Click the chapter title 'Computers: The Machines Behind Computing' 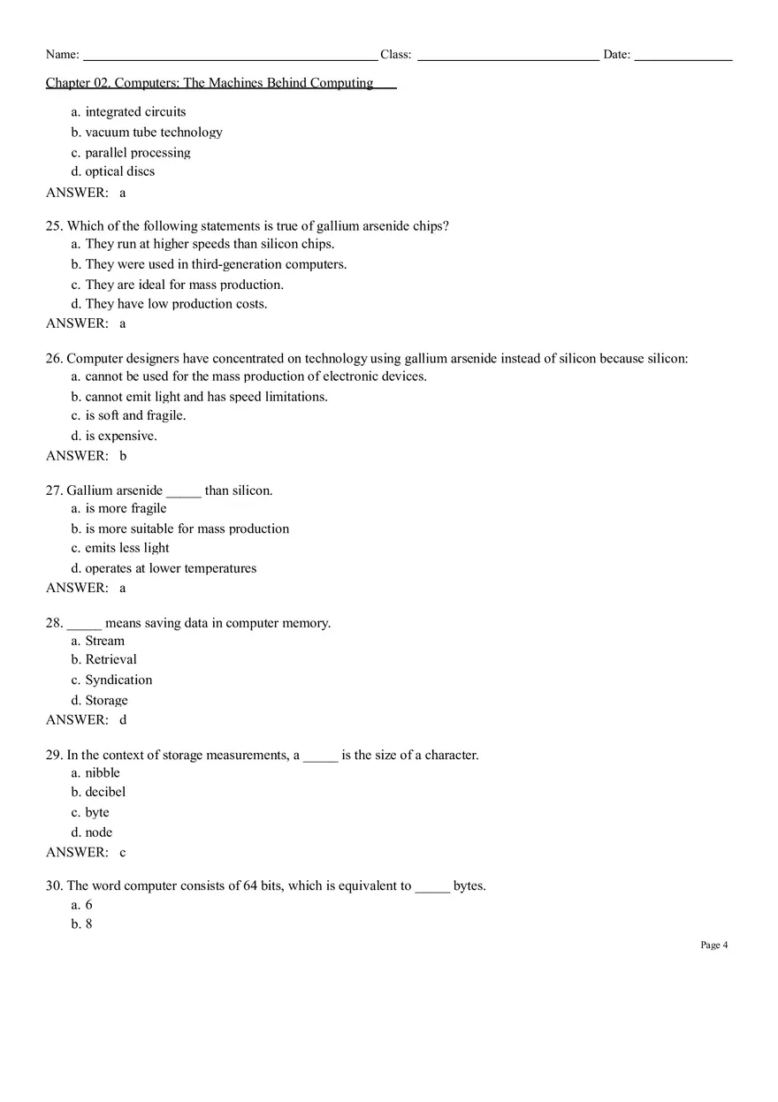pos(244,83)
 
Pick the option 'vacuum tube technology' pos(153,133)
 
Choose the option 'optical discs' pos(119,171)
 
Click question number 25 pos(54,226)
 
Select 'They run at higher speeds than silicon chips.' pos(210,244)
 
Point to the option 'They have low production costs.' pos(176,304)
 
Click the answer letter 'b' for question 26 pos(123,456)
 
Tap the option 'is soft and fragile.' pos(135,415)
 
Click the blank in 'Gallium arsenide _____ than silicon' pos(184,490)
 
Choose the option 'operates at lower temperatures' pos(171,568)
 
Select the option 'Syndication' pos(118,680)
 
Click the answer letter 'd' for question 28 pos(123,720)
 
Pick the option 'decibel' pos(105,792)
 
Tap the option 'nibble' pos(103,772)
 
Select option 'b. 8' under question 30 pos(82,924)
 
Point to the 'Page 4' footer pos(713,946)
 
